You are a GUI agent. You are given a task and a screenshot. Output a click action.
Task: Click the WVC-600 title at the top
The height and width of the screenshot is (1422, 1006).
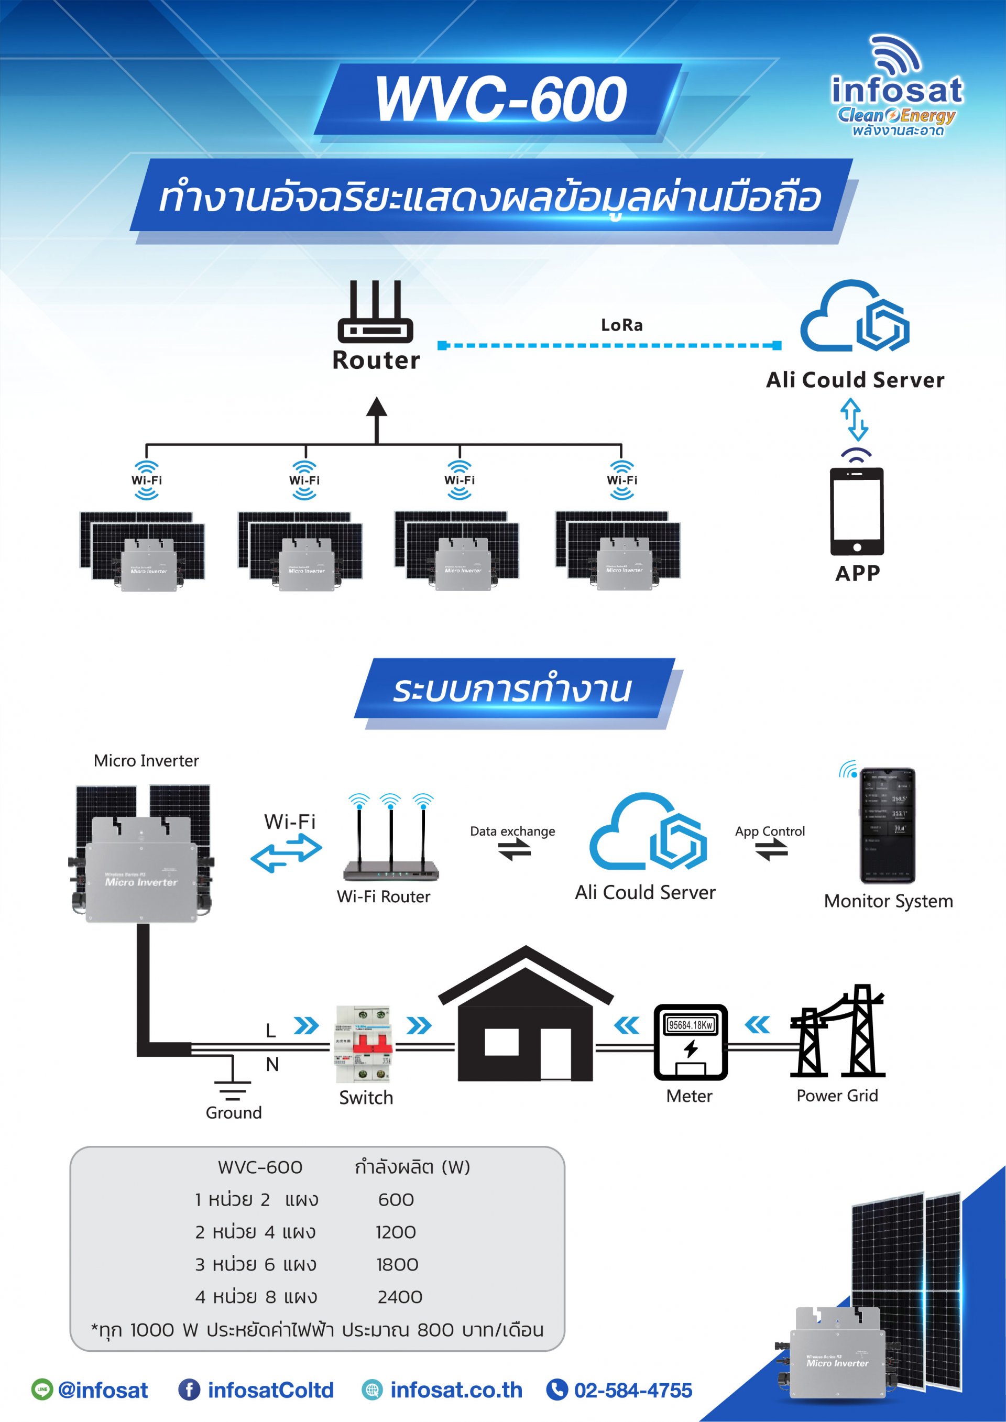pyautogui.click(x=500, y=99)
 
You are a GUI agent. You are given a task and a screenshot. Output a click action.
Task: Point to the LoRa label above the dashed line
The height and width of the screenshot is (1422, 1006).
pyautogui.click(x=621, y=325)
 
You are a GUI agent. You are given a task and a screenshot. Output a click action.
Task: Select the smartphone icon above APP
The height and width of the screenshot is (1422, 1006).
pyautogui.click(x=857, y=511)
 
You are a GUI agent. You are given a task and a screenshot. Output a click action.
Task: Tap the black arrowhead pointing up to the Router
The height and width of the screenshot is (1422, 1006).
pyautogui.click(x=377, y=408)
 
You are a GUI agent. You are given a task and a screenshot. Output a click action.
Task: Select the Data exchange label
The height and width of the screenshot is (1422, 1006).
pyautogui.click(x=512, y=831)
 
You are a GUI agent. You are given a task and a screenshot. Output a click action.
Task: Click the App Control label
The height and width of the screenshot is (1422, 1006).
pyautogui.click(x=770, y=831)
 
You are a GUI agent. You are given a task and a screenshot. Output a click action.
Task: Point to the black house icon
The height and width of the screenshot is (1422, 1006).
pyautogui.click(x=526, y=1016)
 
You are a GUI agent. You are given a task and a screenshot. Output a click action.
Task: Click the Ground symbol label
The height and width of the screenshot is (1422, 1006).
pyautogui.click(x=234, y=1113)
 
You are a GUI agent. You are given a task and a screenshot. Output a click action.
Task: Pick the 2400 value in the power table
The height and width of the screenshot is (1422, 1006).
pyautogui.click(x=400, y=1297)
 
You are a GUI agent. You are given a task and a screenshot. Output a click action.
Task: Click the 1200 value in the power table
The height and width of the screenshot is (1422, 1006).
pyautogui.click(x=396, y=1232)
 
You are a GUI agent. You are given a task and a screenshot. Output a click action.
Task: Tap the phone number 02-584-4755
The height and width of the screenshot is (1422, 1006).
pyautogui.click(x=632, y=1391)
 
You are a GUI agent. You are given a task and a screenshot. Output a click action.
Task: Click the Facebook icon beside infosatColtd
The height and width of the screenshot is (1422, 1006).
pyautogui.click(x=189, y=1390)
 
